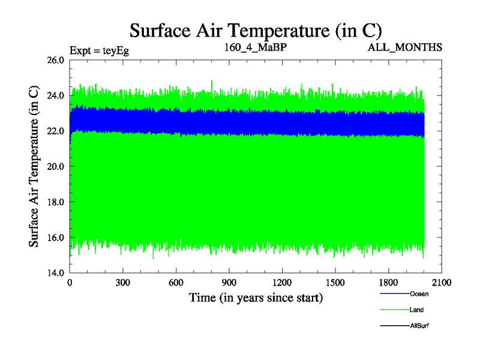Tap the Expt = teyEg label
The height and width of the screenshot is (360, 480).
pyautogui.click(x=99, y=50)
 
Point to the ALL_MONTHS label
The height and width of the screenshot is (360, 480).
pyautogui.click(x=405, y=47)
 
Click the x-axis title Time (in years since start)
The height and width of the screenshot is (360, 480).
pyautogui.click(x=256, y=298)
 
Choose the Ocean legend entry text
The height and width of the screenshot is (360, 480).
pyautogui.click(x=419, y=294)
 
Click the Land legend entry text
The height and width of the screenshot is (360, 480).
pyautogui.click(x=416, y=310)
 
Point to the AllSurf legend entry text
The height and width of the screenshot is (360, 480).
pyautogui.click(x=419, y=326)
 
